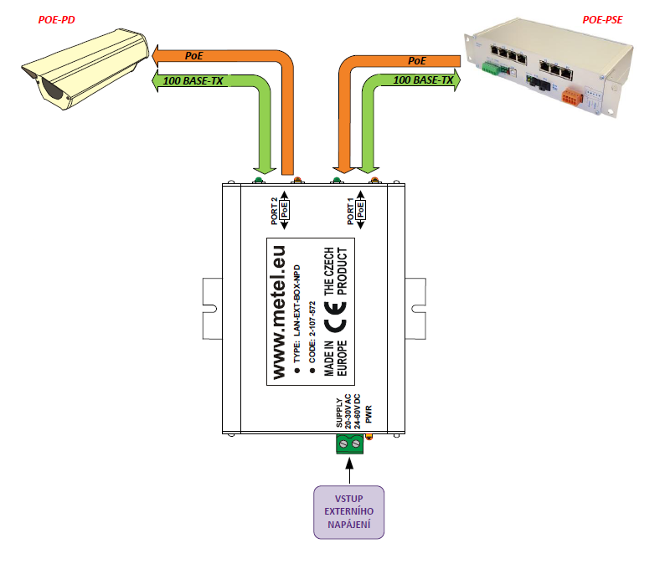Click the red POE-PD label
56,20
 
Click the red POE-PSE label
602,20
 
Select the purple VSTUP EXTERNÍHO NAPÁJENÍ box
349,512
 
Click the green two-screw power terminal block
350,443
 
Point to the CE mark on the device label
336,316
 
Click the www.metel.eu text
279,312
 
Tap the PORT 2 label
275,211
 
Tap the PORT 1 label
350,211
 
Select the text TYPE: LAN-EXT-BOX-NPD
296,314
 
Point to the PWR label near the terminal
369,414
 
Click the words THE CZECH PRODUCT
336,271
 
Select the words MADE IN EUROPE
336,358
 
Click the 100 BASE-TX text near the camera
193,81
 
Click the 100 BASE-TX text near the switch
423,80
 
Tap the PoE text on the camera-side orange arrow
193,56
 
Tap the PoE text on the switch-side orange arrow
417,61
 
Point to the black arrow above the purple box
349,471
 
